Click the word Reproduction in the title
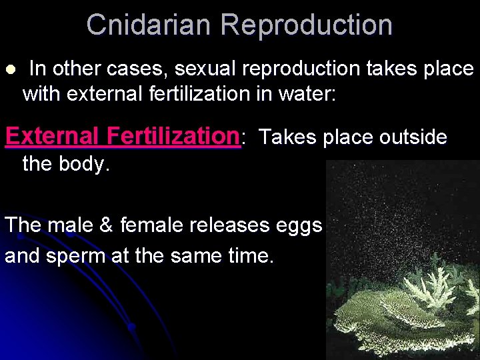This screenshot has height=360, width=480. pos(307,25)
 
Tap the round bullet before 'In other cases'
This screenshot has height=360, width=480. pos(9,69)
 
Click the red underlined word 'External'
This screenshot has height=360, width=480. pos(53,136)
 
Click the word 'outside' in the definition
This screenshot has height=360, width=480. pos(413,137)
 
